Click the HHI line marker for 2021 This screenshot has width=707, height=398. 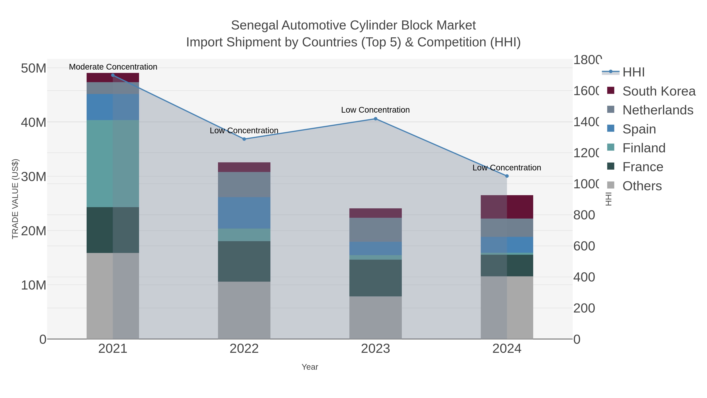click(113, 75)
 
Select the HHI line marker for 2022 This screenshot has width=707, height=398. click(244, 139)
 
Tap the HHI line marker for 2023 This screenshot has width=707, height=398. click(375, 119)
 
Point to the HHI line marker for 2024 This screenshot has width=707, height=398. click(507, 176)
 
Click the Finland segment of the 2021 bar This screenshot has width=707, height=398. click(113, 164)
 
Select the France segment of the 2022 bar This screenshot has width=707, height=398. click(244, 261)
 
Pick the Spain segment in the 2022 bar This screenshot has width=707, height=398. click(244, 213)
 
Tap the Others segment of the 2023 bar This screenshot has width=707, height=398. click(375, 318)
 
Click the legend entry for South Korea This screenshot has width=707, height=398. click(659, 91)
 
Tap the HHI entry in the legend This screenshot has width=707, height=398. click(633, 72)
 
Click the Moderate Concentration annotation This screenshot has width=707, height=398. click(113, 67)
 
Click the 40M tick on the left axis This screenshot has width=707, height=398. click(33, 122)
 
